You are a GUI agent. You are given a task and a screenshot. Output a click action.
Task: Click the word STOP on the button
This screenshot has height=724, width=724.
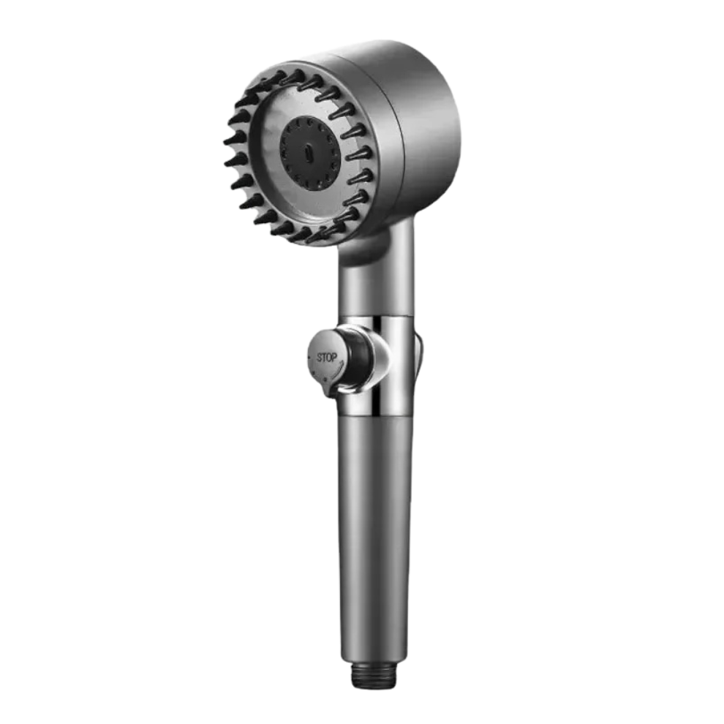click(x=326, y=357)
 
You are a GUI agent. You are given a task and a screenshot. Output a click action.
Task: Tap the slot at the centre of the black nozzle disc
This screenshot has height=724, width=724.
click(x=307, y=151)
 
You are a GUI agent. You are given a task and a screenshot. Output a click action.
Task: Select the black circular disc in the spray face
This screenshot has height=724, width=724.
click(x=309, y=153)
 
